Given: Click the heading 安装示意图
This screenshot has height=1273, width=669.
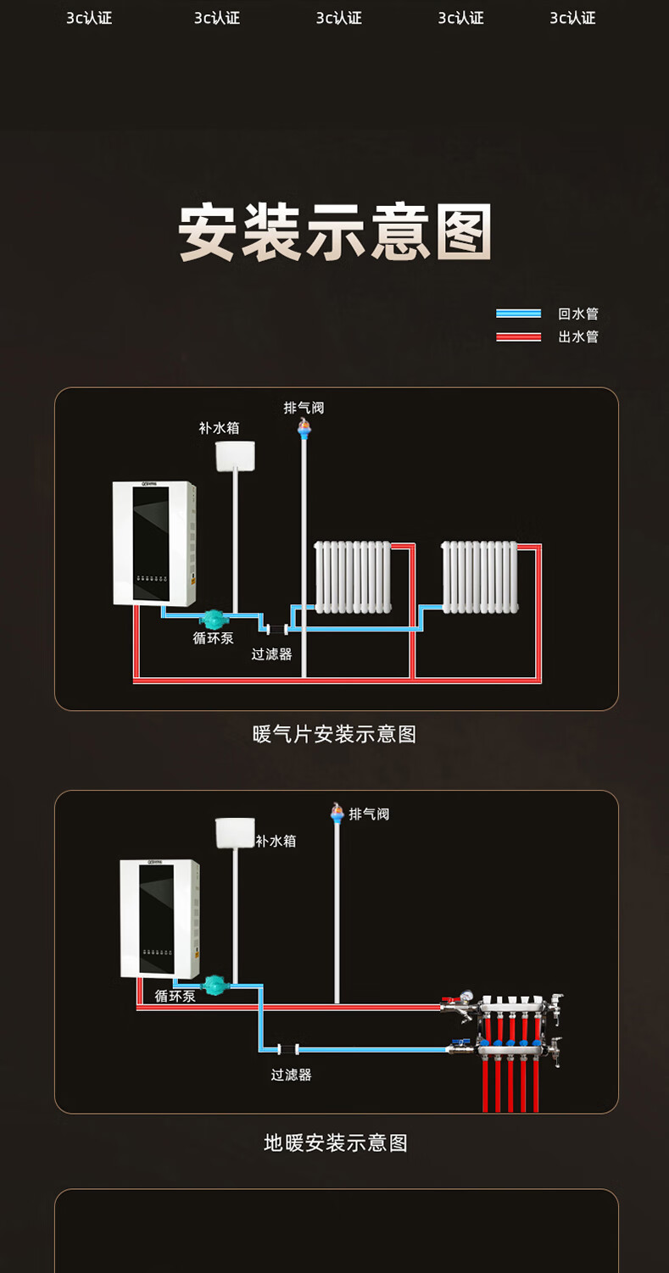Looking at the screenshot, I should tap(335, 232).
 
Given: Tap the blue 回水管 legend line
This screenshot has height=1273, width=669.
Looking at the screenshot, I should tap(518, 314).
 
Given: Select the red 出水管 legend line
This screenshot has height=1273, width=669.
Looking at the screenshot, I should tap(518, 336).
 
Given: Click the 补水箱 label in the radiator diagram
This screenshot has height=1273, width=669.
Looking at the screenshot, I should tap(219, 428).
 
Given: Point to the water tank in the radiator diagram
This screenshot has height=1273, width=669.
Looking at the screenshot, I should tap(235, 456).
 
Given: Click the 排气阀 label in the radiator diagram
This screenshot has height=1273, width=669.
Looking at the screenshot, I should tap(304, 408).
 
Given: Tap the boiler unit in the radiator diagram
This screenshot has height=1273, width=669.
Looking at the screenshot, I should tap(154, 543).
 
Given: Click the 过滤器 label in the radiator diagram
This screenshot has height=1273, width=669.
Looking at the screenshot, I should tap(271, 654).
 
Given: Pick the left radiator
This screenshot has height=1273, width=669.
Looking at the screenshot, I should tap(353, 576).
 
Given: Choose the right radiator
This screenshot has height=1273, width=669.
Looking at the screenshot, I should tap(480, 576).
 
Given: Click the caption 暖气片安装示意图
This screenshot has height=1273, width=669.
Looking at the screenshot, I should tap(335, 734).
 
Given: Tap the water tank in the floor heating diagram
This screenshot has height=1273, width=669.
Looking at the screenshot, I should tap(235, 833).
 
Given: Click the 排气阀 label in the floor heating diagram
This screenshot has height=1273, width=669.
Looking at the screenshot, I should tap(369, 814).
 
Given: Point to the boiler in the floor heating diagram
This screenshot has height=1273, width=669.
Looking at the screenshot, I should tap(159, 919).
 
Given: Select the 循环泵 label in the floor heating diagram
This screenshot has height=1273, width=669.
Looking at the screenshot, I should tap(175, 996).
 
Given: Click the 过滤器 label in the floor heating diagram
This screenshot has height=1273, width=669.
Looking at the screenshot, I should tap(291, 1075).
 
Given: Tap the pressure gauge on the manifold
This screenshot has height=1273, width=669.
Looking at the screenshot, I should tap(466, 997).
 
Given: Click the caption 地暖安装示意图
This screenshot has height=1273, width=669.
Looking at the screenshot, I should tap(336, 1143).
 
